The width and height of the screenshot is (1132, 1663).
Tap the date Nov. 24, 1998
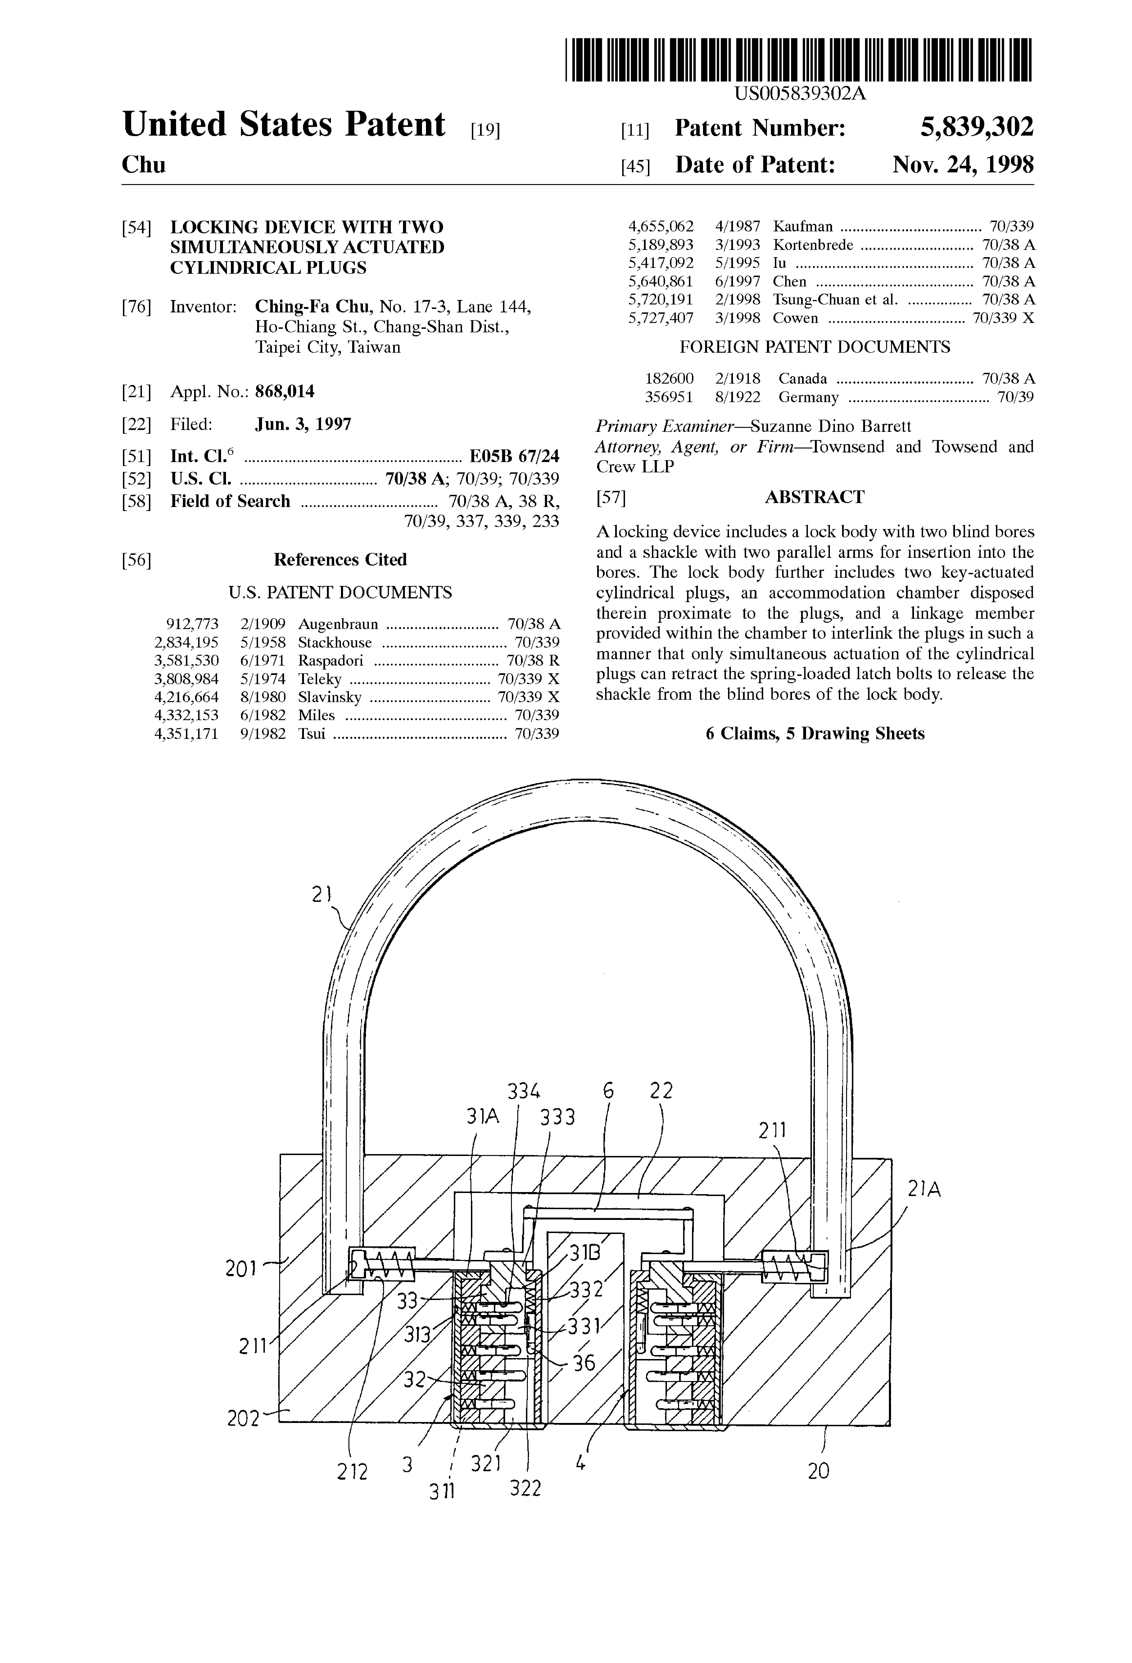click(962, 165)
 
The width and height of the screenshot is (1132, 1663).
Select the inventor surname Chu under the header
click(143, 165)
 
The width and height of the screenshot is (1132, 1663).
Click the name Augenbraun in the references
click(338, 624)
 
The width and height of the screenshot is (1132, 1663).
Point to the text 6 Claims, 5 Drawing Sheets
click(814, 733)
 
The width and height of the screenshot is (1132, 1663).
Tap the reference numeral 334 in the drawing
click(524, 1091)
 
